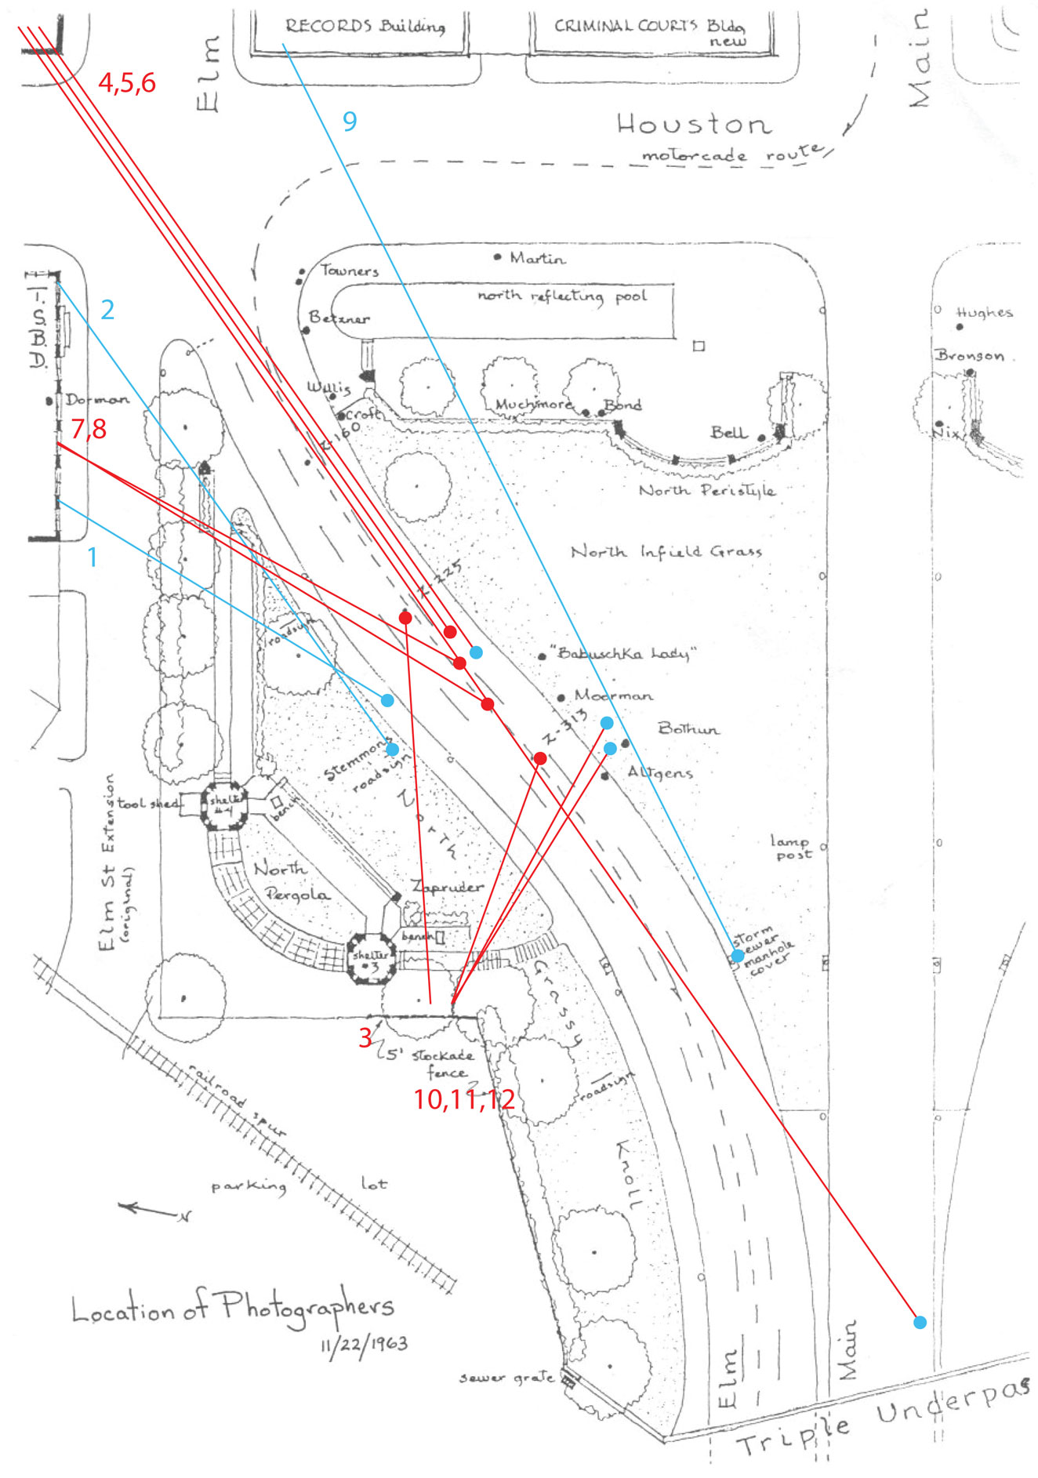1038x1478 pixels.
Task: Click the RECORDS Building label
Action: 365,26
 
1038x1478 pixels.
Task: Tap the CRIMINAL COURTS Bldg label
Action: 650,30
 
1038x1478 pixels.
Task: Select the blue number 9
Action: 350,121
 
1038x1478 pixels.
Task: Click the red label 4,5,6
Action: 127,82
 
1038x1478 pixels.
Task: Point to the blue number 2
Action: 107,310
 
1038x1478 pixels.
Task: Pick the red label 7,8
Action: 89,428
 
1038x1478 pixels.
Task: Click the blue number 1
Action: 93,557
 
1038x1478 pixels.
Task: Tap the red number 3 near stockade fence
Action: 365,1037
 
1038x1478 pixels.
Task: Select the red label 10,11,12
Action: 464,1099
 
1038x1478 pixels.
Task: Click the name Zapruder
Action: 448,887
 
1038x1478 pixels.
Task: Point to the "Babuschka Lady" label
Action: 623,652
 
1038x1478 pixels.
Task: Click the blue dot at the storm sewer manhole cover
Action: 738,956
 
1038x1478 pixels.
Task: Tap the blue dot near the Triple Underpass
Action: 920,1322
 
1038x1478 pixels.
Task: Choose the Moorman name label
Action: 613,695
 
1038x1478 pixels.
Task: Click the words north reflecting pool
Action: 562,296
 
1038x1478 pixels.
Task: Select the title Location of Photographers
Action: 233,1307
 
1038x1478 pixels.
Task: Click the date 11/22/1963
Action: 364,1344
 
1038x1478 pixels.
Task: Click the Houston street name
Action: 694,125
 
